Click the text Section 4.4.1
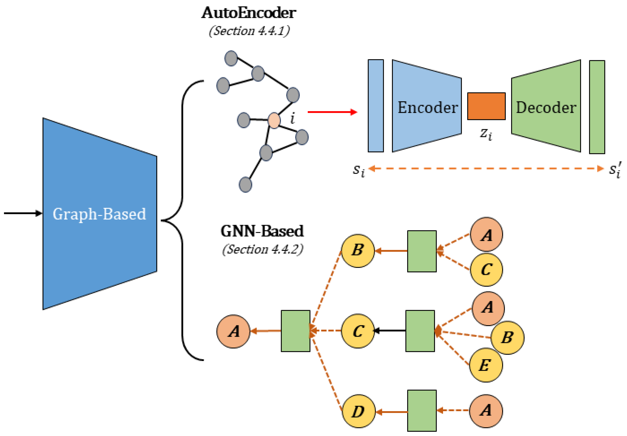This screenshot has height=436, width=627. [x=249, y=31]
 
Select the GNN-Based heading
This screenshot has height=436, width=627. [x=262, y=231]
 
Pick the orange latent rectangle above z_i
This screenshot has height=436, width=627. [x=486, y=106]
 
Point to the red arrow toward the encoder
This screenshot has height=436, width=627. [x=332, y=112]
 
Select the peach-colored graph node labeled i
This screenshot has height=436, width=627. [x=274, y=120]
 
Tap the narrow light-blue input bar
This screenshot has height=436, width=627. [x=376, y=106]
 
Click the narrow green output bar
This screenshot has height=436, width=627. [x=597, y=107]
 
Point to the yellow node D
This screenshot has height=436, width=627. [x=358, y=411]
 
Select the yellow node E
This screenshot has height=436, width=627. [x=486, y=365]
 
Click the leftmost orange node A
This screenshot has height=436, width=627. [x=233, y=331]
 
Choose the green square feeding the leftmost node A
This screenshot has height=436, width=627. [x=295, y=331]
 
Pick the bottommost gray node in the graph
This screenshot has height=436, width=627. [x=245, y=185]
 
